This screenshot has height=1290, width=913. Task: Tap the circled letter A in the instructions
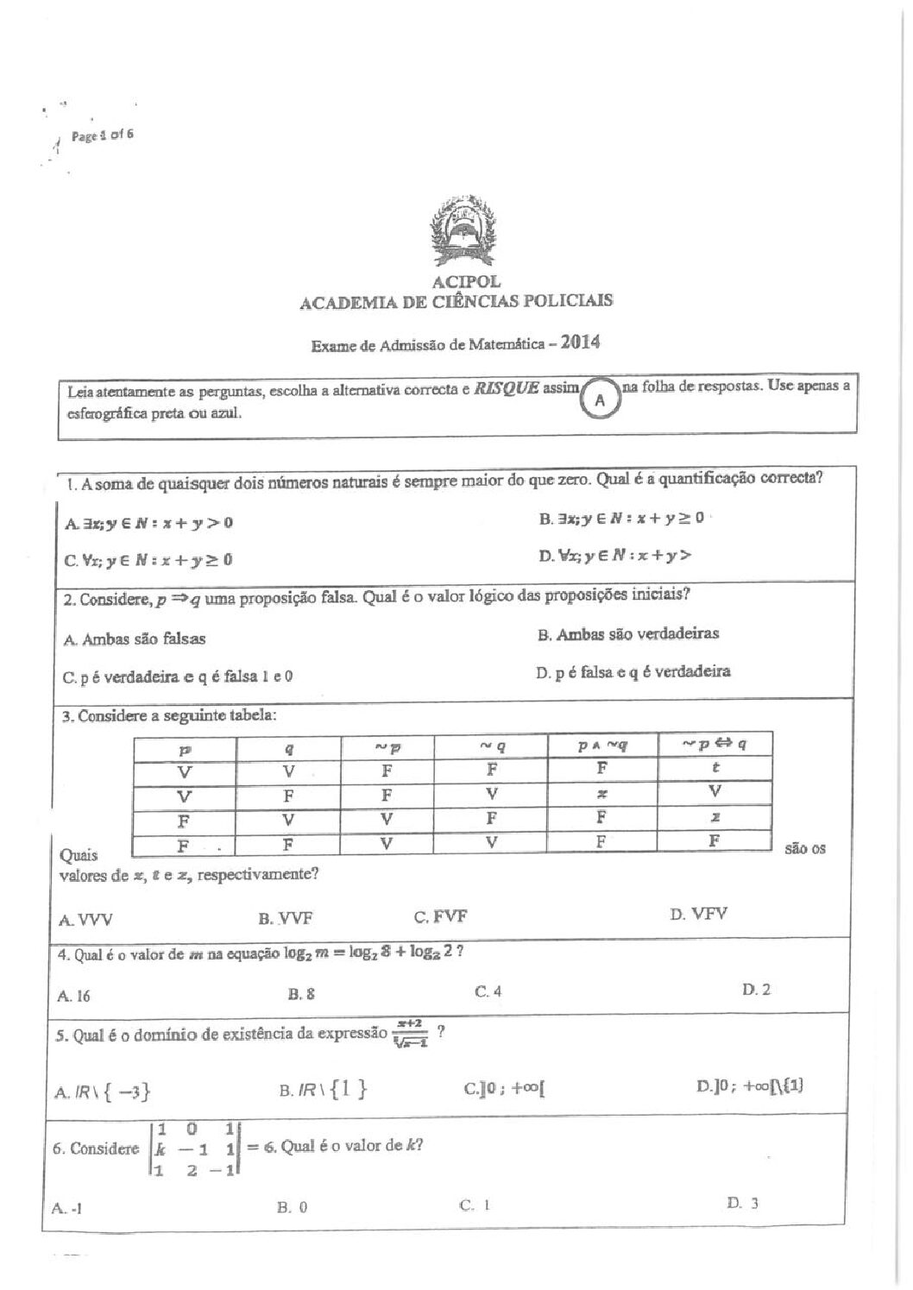(601, 400)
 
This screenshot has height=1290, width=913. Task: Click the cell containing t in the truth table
(715, 767)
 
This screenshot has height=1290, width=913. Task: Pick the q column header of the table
(289, 749)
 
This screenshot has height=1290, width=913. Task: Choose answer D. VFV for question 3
(698, 914)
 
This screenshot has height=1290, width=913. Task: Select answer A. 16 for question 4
(74, 996)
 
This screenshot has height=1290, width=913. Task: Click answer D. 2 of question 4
(756, 990)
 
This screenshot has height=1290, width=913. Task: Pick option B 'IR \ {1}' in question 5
(323, 1091)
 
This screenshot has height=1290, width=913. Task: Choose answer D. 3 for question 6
(742, 1203)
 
